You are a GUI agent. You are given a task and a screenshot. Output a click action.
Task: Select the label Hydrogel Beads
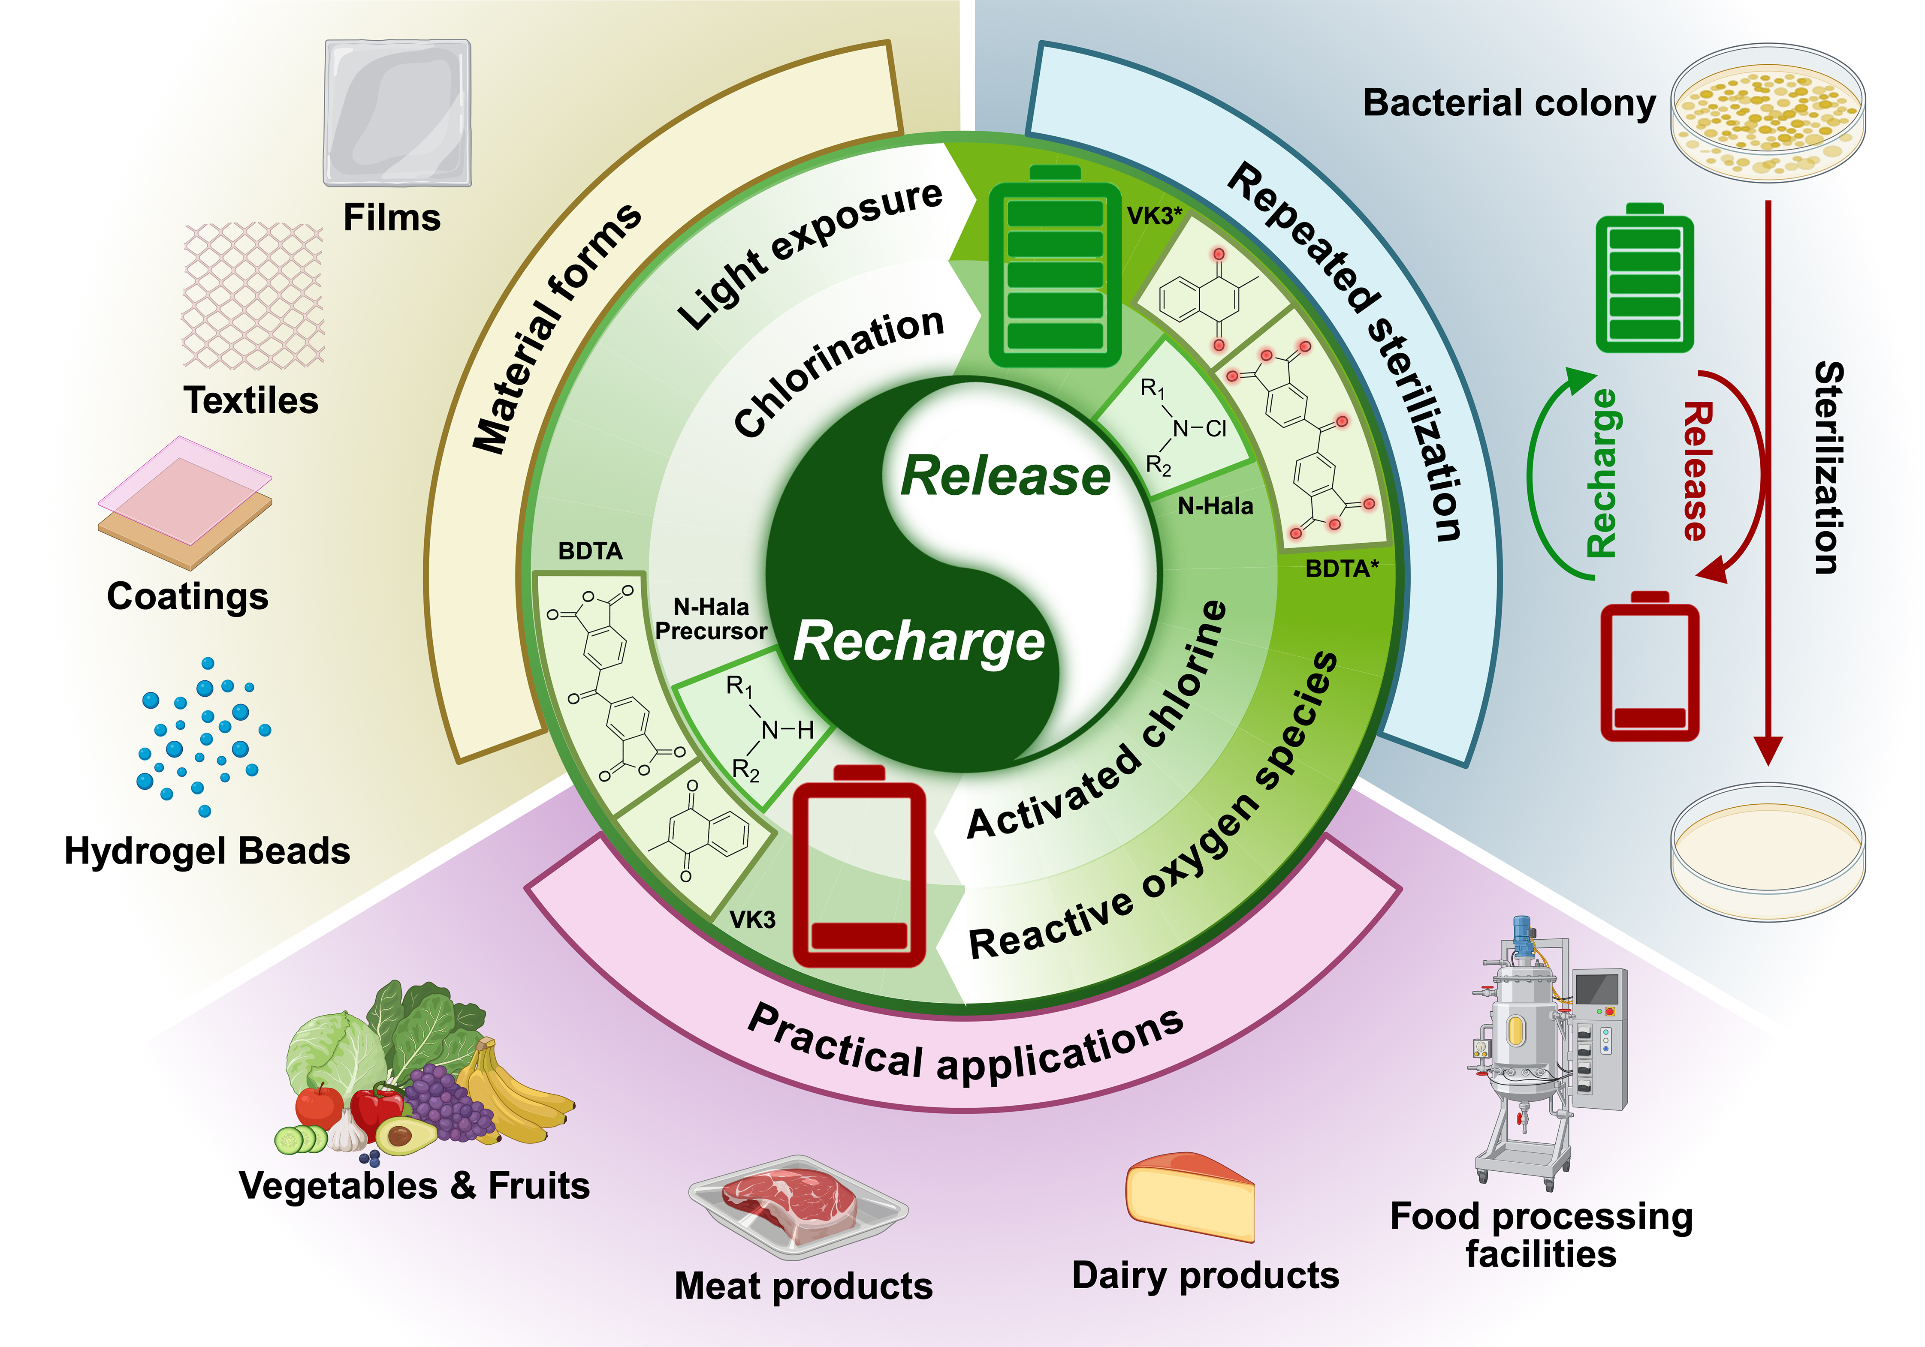click(207, 851)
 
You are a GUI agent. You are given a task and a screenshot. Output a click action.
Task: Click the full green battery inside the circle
click(1055, 268)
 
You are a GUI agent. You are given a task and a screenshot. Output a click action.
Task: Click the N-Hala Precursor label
click(711, 619)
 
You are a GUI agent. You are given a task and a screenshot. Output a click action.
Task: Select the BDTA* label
click(1342, 569)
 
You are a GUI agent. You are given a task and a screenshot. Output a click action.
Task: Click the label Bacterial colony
click(1509, 103)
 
